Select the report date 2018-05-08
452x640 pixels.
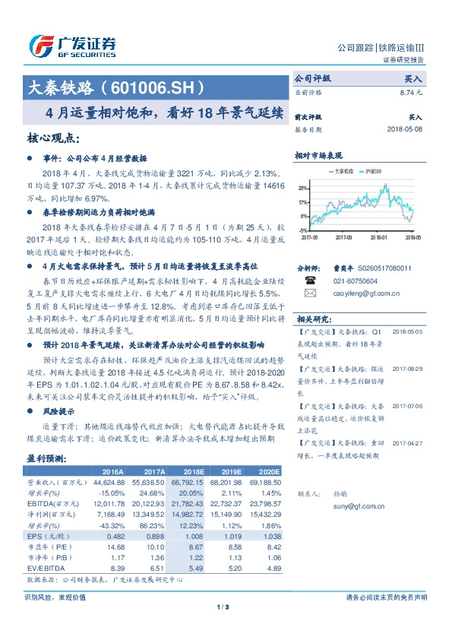tap(405, 129)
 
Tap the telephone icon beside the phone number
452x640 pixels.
tap(309, 280)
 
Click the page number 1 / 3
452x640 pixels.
tap(223, 607)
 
